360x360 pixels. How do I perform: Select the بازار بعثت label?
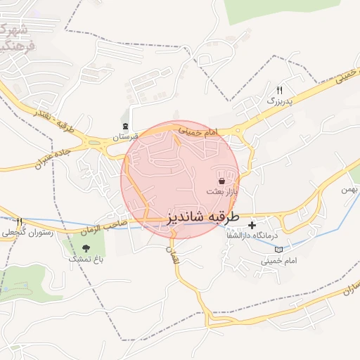[x=222, y=192]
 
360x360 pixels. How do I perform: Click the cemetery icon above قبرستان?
[x=125, y=127]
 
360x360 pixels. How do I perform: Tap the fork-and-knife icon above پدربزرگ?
[x=279, y=90]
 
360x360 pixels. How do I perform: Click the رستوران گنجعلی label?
[x=23, y=232]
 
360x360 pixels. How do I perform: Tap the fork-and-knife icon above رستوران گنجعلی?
[x=20, y=221]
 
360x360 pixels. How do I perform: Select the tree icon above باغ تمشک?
[x=86, y=247]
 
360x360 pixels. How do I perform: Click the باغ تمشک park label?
[x=84, y=259]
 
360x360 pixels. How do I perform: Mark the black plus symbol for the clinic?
[x=252, y=226]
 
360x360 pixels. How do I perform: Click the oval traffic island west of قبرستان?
[x=92, y=141]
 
